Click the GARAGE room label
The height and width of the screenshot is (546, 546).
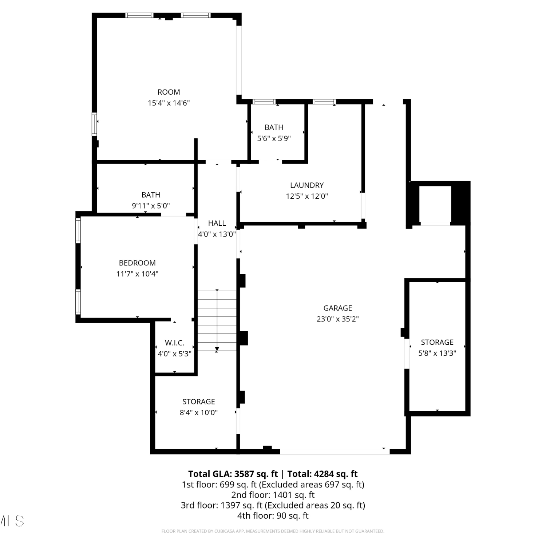click(x=338, y=308)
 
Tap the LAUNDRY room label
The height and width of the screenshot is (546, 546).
click(x=307, y=185)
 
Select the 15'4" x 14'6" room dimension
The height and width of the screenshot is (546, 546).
click(x=169, y=103)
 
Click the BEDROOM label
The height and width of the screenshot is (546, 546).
click(x=137, y=263)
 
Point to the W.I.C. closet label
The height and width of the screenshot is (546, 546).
click(x=175, y=343)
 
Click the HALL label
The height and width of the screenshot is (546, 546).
click(x=217, y=223)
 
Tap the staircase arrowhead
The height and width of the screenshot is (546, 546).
click(x=217, y=350)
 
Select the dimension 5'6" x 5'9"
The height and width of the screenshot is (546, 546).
click(x=274, y=139)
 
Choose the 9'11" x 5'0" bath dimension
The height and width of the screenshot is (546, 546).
click(x=151, y=206)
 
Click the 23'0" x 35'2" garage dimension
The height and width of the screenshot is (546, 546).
click(x=338, y=319)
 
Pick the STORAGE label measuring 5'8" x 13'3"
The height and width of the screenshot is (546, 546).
click(x=437, y=342)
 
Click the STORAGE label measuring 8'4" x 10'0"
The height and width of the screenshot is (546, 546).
click(x=199, y=401)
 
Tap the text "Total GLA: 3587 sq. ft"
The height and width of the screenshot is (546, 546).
click(x=233, y=474)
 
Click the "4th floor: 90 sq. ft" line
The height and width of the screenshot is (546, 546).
click(x=273, y=516)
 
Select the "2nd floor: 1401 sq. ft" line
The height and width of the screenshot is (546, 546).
click(x=273, y=495)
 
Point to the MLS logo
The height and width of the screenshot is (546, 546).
click(x=12, y=521)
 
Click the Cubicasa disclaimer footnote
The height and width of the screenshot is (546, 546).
click(x=273, y=531)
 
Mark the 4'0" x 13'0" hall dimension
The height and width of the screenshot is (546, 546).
click(x=217, y=234)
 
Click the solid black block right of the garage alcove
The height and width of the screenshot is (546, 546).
click(x=460, y=202)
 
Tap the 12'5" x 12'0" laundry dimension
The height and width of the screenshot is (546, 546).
click(x=307, y=197)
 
